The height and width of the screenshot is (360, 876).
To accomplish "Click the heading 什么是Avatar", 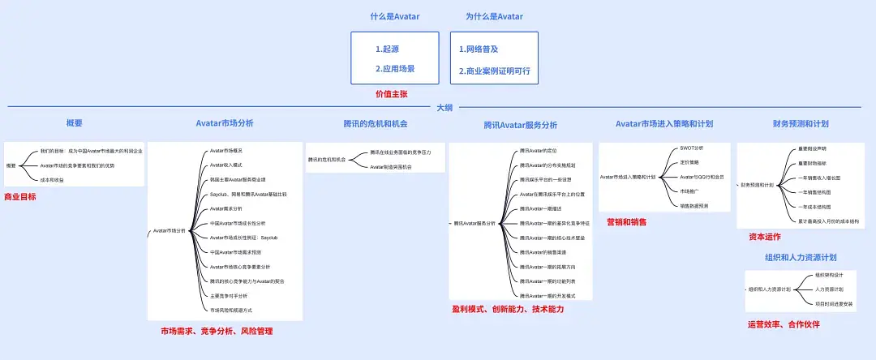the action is click(x=394, y=16).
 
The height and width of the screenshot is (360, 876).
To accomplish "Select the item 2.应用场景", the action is click(x=395, y=69).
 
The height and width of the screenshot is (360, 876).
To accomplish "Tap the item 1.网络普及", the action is click(x=478, y=49).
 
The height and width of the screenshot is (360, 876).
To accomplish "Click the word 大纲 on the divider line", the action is click(x=444, y=107).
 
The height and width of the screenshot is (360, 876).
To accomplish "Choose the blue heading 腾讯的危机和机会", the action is click(x=376, y=124).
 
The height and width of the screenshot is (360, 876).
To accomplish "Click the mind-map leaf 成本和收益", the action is click(x=52, y=179).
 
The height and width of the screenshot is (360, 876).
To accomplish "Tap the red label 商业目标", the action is click(x=20, y=197).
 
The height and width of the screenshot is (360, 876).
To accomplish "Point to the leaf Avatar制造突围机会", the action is click(x=391, y=166).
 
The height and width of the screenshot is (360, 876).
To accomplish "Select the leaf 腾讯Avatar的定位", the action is click(x=538, y=151).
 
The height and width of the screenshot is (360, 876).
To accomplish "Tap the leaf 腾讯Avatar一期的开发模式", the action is click(x=547, y=295).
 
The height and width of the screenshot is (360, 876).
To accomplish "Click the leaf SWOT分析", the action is click(x=692, y=149).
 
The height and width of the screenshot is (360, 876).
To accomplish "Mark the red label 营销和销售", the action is click(x=626, y=221).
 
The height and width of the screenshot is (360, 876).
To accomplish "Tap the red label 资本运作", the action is click(x=764, y=238).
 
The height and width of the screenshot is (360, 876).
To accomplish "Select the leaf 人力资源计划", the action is click(x=830, y=289).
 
